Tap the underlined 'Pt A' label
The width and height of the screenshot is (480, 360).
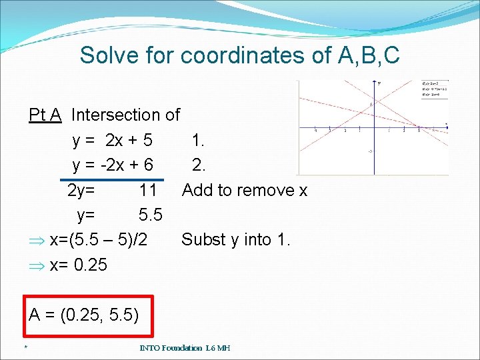point(45,115)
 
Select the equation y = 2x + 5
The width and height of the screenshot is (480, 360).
point(112,141)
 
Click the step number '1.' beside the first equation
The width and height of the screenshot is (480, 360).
point(198,141)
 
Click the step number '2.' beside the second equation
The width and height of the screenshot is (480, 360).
point(198,165)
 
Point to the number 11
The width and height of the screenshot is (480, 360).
point(148,191)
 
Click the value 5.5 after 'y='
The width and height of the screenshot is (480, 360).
point(151,215)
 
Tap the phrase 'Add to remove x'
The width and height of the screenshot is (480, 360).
point(245,191)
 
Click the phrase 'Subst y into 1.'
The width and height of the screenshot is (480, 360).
point(236,239)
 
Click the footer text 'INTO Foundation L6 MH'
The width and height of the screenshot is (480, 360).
point(185,348)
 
